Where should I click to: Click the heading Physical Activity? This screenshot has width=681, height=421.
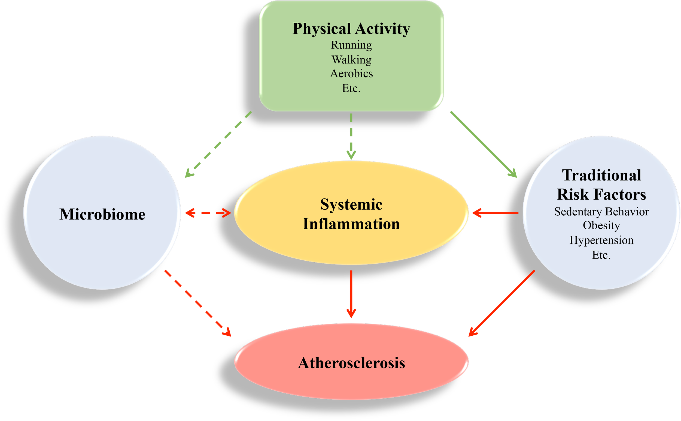pos(351,29)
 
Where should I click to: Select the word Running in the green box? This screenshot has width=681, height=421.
pos(351,45)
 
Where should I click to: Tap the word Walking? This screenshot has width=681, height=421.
pos(351,60)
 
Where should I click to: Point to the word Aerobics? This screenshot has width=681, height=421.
pos(351,74)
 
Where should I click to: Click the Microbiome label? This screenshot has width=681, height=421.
pos(102,214)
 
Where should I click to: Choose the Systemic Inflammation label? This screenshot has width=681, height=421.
pos(351,214)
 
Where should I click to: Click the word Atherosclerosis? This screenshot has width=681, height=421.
pos(351,363)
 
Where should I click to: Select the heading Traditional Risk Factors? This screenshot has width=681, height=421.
pos(601,185)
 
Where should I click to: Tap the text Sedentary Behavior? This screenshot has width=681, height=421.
pos(601,212)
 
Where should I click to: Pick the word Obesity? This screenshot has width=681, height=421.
pos(601,225)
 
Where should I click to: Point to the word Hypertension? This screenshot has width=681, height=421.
pos(601,240)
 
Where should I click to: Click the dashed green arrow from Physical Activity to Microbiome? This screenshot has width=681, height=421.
pos(218,144)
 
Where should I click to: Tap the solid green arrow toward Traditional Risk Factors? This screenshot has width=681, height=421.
pos(484,144)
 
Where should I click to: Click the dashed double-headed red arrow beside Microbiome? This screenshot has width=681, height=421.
pos(208,213)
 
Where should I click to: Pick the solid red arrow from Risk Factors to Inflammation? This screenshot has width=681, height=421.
pos(495,213)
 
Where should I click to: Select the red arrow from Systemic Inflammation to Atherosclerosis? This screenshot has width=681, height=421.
pos(351,294)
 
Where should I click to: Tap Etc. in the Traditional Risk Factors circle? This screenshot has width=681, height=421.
pos(601,255)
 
